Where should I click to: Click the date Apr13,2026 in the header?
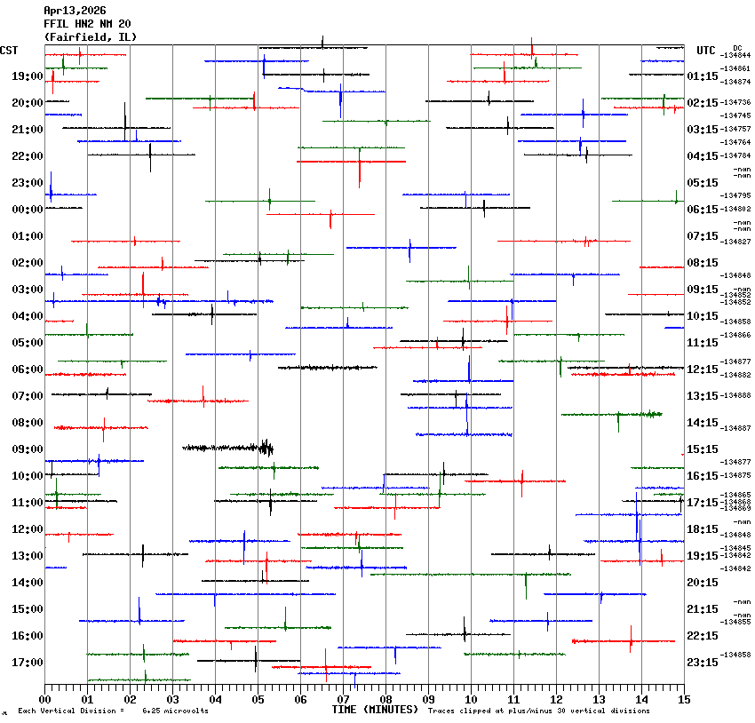75,11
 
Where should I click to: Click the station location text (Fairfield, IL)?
91,36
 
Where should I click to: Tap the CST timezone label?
10,50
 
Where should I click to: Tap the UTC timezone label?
706,50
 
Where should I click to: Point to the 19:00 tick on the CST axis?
28,76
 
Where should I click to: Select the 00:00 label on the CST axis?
28,210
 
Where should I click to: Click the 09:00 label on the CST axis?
28,449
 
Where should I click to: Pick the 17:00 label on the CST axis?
28,663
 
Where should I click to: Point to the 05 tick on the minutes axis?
258,699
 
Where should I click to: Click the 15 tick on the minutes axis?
683,699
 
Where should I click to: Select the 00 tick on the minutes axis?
44,699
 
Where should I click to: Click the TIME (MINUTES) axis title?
374,710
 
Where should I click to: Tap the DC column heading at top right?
737,48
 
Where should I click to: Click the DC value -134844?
736,56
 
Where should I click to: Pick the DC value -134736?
736,103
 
